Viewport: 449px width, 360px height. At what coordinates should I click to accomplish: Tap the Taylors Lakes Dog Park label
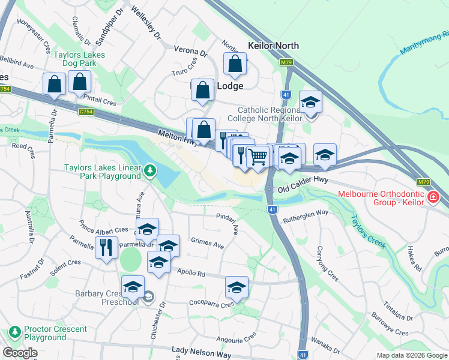coord(79,59)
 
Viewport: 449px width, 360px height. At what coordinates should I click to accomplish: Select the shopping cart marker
coord(258,158)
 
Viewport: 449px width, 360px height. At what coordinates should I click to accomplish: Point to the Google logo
coord(20,353)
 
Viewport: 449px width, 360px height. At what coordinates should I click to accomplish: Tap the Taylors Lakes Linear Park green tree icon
coord(149,172)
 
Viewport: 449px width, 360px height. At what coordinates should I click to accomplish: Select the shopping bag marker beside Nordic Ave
coord(235,65)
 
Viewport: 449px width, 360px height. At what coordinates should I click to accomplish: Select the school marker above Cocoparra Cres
coord(237,287)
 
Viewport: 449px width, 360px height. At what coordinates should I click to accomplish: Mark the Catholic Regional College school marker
coord(310,102)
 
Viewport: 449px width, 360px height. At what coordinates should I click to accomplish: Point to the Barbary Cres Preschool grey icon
coord(149,296)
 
